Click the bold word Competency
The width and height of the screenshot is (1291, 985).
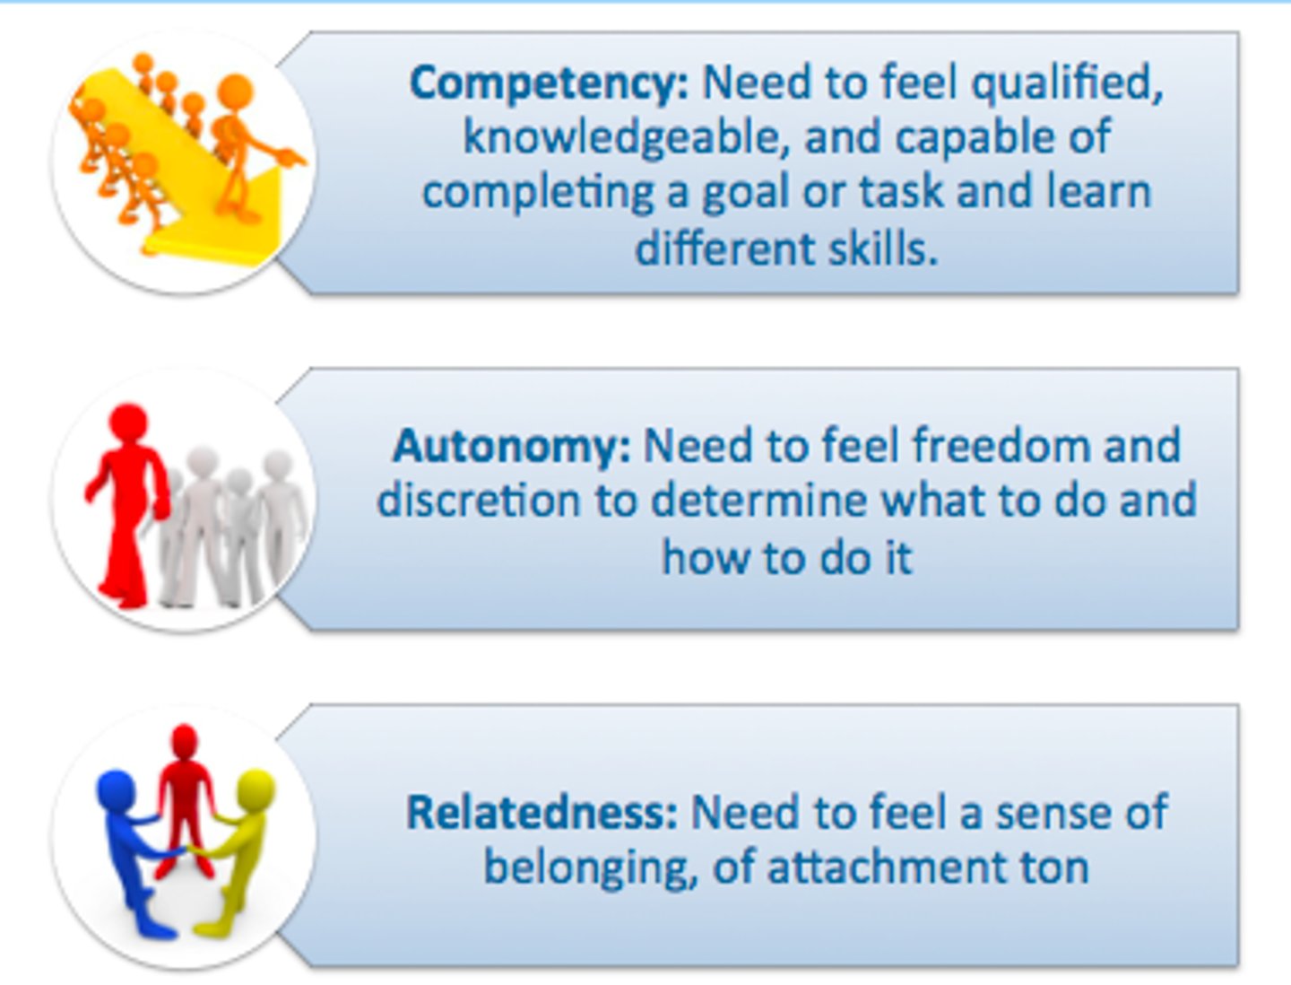549,84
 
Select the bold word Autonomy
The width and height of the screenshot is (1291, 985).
511,446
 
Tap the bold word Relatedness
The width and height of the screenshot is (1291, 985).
542,813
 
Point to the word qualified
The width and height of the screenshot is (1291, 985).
1067,84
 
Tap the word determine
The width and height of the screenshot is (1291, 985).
758,501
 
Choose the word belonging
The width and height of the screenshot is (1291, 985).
590,868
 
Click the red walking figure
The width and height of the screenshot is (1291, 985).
127,502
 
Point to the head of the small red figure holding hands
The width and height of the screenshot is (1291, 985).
185,741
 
